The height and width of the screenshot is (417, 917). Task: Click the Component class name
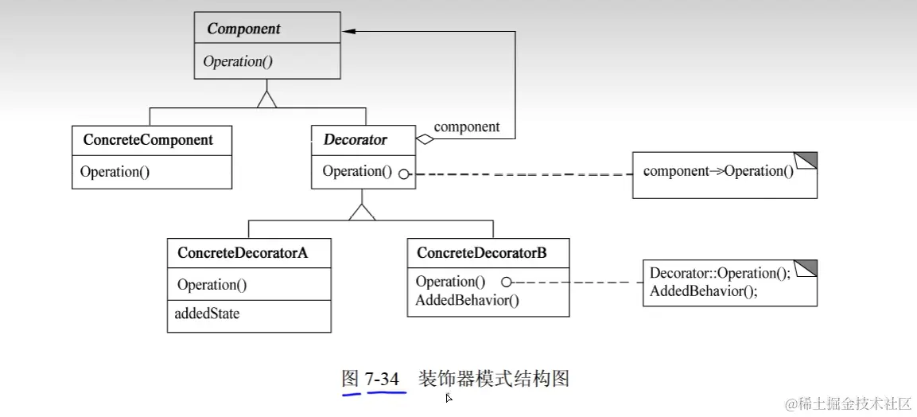(243, 29)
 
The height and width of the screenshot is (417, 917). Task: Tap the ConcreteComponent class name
(148, 140)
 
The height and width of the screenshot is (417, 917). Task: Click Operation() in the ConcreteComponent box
(115, 171)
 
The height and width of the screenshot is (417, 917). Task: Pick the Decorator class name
(356, 140)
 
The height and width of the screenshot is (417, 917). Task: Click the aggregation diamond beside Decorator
(425, 140)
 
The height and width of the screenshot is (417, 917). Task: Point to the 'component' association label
(467, 127)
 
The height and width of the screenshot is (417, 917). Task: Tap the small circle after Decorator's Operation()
(404, 173)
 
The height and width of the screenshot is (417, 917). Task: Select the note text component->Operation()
(718, 171)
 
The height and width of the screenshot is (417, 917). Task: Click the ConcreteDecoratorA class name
(243, 253)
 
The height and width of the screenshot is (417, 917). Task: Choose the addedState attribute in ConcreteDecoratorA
(207, 314)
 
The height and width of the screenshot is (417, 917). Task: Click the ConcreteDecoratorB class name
(481, 252)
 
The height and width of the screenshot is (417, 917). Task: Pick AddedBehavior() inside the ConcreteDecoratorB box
(467, 300)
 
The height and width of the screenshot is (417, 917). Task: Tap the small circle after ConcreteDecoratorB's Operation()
(505, 282)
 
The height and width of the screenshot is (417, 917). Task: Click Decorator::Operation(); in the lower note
(720, 273)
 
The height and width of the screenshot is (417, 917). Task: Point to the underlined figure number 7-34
(383, 379)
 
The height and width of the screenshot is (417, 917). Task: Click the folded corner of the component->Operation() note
(806, 159)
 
